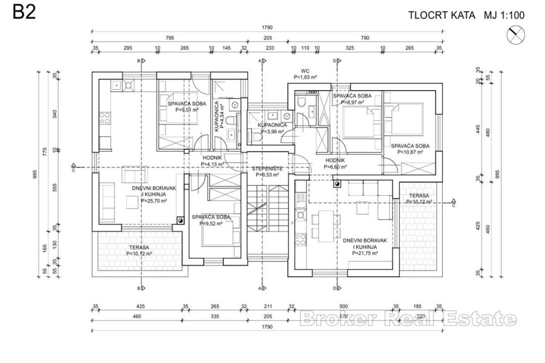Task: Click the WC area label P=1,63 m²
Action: coord(305,77)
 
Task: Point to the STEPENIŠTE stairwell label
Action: coord(267,168)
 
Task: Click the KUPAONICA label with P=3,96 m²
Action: coord(272,125)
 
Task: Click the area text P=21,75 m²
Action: coord(365,254)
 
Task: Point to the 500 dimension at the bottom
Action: coord(344,306)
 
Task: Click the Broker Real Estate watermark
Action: coord(407,319)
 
